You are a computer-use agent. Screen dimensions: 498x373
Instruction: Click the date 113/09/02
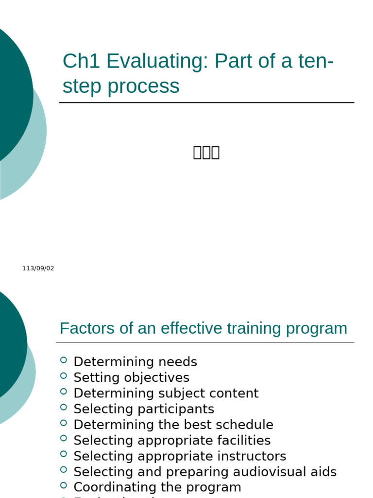point(38,268)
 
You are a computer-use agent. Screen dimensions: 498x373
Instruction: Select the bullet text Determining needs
point(135,362)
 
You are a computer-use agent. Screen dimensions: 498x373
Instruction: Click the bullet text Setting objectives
point(131,377)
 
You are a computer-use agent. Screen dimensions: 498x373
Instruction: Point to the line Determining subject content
point(166,393)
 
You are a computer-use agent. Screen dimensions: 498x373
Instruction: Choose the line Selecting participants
point(144,409)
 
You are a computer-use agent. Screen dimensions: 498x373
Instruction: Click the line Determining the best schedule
point(173,425)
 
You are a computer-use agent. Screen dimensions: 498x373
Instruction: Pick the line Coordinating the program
point(157,487)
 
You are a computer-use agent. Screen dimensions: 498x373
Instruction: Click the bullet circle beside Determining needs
point(64,360)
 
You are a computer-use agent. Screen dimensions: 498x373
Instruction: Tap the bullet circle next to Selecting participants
point(64,407)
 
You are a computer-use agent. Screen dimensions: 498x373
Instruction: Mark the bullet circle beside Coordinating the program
point(64,485)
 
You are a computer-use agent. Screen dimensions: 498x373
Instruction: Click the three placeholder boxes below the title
point(206,152)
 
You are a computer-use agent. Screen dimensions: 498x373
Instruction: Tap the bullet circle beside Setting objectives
point(64,375)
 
